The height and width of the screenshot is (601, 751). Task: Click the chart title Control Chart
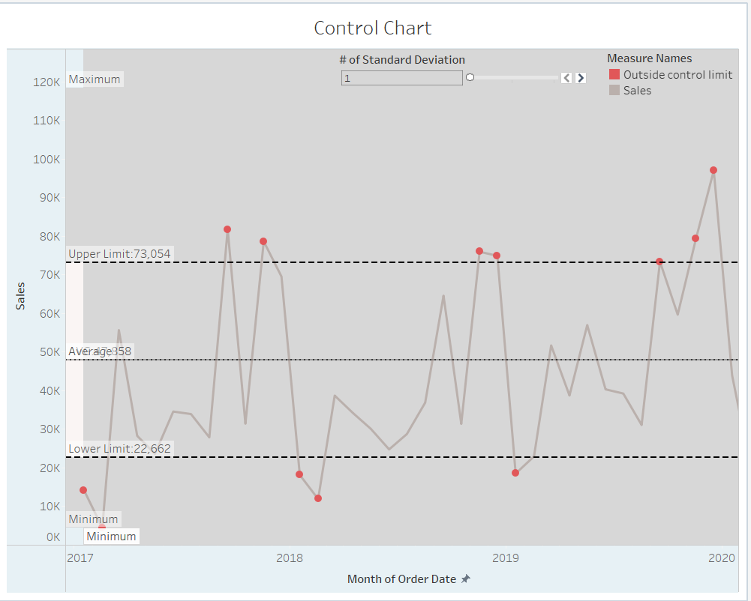[372, 28]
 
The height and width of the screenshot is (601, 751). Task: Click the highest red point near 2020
[713, 170]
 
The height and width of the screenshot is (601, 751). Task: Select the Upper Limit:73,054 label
[119, 254]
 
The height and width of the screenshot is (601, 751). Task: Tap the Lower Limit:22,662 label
[119, 449]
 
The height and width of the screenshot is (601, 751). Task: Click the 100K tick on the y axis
[47, 160]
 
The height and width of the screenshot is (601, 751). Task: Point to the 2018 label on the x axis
[290, 558]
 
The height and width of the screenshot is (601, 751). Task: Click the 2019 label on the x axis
[506, 558]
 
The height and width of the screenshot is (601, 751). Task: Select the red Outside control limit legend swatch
[614, 75]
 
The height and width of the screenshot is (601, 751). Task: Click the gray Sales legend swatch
[614, 91]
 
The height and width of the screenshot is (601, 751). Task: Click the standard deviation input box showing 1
[401, 78]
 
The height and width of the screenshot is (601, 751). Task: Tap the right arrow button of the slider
[581, 78]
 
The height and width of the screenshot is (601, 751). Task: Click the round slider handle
[470, 77]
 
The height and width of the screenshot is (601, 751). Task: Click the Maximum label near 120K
[95, 79]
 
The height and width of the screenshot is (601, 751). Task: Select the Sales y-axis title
[20, 295]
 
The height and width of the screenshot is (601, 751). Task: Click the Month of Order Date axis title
[401, 579]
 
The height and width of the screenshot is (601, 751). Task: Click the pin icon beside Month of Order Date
[466, 579]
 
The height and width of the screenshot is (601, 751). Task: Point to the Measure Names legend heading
[649, 58]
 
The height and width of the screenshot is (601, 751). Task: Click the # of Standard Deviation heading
[401, 60]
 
